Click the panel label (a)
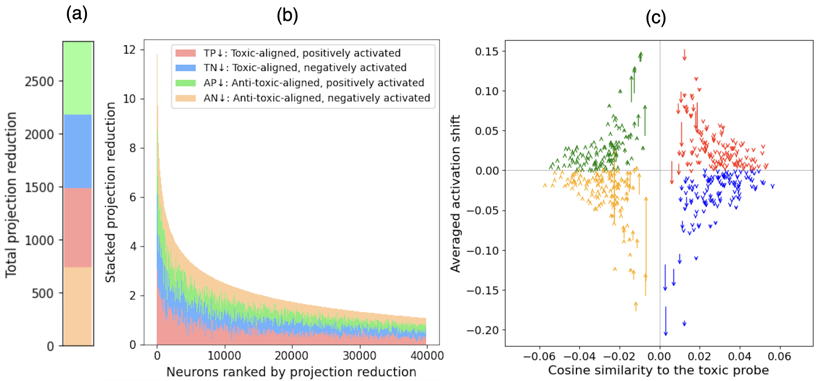pyautogui.click(x=77, y=14)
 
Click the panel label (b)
pyautogui.click(x=287, y=16)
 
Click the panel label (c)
pyautogui.click(x=656, y=18)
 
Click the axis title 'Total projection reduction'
pyautogui.click(x=11, y=195)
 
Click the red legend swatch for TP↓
pyautogui.click(x=185, y=53)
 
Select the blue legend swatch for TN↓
pyautogui.click(x=185, y=68)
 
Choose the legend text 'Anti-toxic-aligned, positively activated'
pyautogui.click(x=328, y=83)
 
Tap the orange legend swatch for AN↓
pyautogui.click(x=185, y=98)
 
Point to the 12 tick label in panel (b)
pyautogui.click(x=129, y=50)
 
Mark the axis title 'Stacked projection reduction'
pyautogui.click(x=110, y=192)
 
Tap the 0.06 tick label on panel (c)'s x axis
pyautogui.click(x=780, y=356)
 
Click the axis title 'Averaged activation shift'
pyautogui.click(x=455, y=194)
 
